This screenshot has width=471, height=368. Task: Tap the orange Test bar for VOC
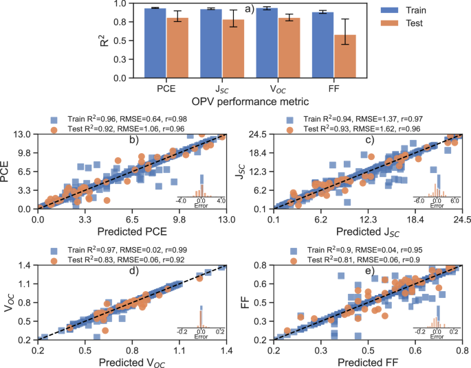tap(289, 48)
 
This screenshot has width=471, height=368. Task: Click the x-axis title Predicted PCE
tap(132, 231)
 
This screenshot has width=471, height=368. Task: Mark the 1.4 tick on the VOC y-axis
tap(24, 266)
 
